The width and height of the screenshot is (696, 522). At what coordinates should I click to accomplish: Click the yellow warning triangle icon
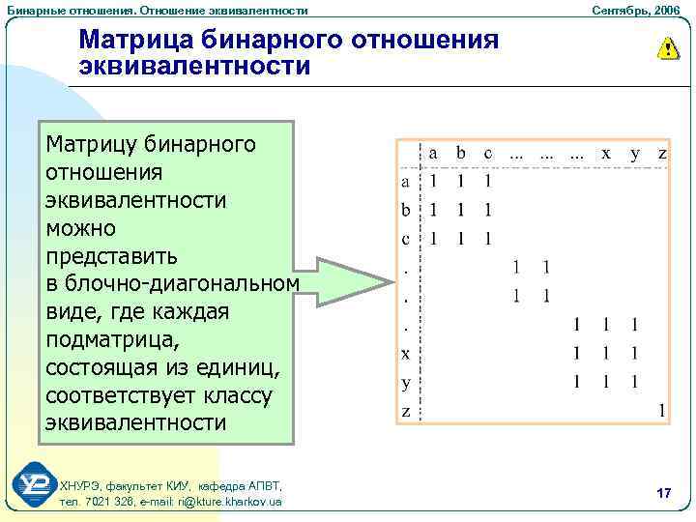pos(667,48)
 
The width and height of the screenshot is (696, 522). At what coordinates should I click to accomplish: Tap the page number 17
pos(663,493)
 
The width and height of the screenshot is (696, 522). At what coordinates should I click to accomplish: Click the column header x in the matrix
pos(606,153)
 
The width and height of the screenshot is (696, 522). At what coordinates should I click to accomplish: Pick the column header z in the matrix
pos(663,153)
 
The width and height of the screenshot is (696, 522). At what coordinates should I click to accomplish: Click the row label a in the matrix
pos(406,181)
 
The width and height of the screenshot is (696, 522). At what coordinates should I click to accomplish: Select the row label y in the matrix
pos(406,382)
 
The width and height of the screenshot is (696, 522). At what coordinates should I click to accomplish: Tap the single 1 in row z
pos(662,411)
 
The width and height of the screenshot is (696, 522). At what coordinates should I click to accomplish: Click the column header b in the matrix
pos(461,153)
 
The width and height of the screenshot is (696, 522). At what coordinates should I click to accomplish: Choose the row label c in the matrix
pos(406,238)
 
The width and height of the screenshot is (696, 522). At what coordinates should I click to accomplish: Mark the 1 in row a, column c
pos(489,181)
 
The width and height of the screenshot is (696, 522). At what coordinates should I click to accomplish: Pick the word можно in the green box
pos(81,228)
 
